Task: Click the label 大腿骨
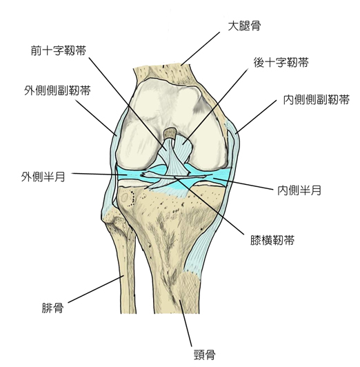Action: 244,26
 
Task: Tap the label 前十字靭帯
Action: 59,50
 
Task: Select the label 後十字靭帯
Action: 281,63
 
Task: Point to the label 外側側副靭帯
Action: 57,90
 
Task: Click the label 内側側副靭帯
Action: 317,100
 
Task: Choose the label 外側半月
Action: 43,177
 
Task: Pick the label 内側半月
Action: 299,190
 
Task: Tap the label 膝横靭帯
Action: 272,240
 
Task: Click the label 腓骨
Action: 52,308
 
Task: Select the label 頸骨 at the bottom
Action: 204,355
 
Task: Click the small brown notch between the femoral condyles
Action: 170,133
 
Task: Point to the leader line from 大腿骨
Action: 200,49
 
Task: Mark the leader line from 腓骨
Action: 96,289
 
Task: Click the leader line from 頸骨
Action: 186,323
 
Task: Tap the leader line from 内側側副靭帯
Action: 256,117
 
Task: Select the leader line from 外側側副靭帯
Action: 96,117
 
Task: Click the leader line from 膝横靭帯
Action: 210,206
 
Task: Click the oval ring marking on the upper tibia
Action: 124,198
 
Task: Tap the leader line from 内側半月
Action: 243,183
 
